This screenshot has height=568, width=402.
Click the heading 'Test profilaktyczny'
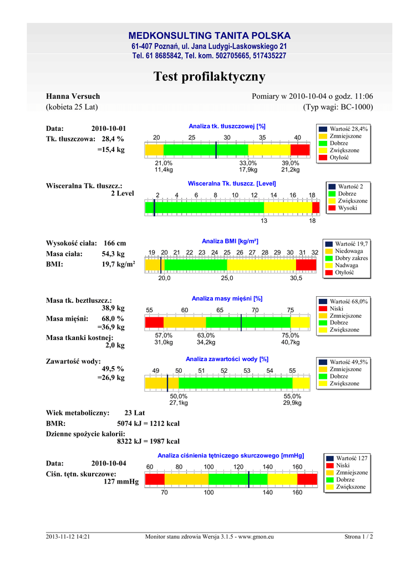point(209,77)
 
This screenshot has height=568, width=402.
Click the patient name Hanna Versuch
point(73,97)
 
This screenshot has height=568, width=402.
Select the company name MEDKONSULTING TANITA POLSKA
point(209,35)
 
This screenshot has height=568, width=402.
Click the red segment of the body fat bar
point(300,150)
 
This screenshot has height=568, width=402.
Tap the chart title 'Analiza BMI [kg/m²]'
point(230,241)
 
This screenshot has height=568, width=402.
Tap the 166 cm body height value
point(115,243)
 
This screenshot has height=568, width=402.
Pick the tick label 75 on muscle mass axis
point(291,310)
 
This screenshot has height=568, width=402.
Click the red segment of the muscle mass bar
point(154,322)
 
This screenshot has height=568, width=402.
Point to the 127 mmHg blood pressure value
point(121,481)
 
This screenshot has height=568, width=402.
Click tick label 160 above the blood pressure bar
point(297,466)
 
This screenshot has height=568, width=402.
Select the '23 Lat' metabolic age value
point(135,413)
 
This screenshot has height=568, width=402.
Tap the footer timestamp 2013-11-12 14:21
point(68,536)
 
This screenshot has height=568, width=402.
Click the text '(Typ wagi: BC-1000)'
point(338,106)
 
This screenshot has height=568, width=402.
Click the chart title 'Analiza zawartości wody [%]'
point(227,359)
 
